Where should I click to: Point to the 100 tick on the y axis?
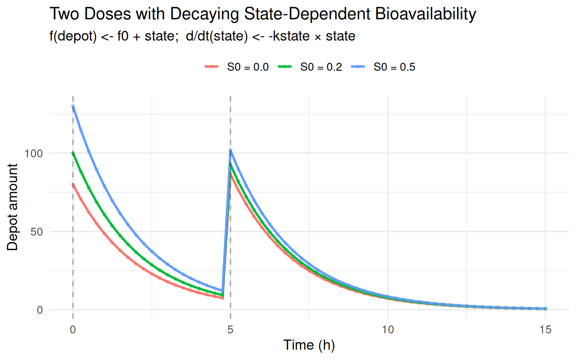tap(34, 153)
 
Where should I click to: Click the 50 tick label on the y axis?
tap(37, 232)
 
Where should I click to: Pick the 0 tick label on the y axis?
tap(40, 310)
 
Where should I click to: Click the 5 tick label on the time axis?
tap(230, 330)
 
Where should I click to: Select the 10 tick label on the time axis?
tap(388, 330)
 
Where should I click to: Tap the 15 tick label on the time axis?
tap(545, 330)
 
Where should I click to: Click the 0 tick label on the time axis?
tap(73, 330)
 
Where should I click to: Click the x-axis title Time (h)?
tap(309, 345)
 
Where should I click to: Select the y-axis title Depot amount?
tap(12, 207)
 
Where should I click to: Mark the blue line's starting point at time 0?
tap(73, 106)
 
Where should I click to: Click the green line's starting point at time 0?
tap(73, 153)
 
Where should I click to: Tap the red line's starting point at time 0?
tap(73, 184)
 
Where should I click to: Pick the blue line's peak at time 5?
tap(230, 151)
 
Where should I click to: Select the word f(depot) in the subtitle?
tap(73, 36)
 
